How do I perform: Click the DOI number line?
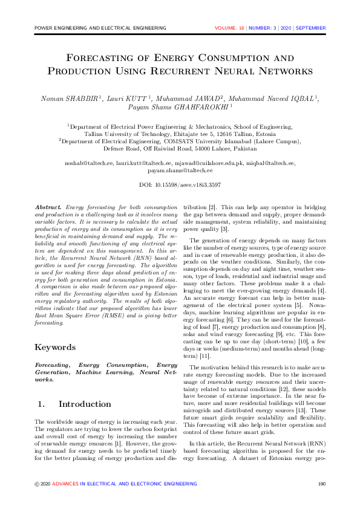pos(180,184)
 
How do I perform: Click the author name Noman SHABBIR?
pos(67,98)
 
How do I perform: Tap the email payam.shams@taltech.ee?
pos(180,171)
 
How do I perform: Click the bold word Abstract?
pos(48,207)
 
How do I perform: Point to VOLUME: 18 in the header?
pos(232,28)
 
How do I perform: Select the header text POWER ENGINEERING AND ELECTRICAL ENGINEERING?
pos(100,28)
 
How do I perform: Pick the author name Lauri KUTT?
pos(129,98)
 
